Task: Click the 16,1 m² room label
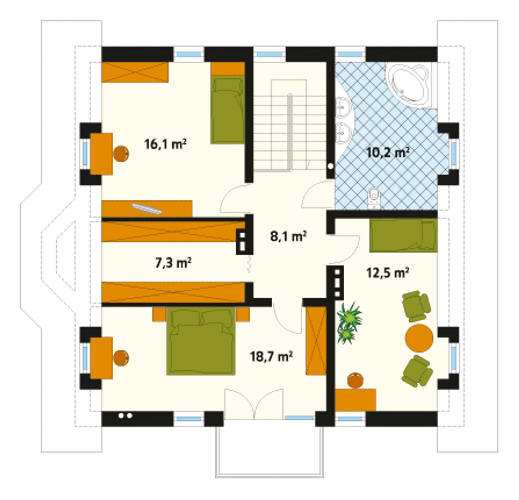(165, 144)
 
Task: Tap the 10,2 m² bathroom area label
(388, 153)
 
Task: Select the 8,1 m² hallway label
(288, 236)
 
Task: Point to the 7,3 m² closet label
(174, 263)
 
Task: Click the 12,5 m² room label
(388, 273)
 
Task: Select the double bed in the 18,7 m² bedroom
(201, 341)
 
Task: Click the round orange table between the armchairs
(419, 338)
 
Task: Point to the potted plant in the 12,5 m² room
(349, 323)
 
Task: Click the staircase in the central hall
(289, 125)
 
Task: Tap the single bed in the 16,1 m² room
(228, 110)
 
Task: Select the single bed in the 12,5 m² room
(403, 236)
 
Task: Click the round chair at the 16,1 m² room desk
(121, 154)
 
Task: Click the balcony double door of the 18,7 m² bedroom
(253, 403)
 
